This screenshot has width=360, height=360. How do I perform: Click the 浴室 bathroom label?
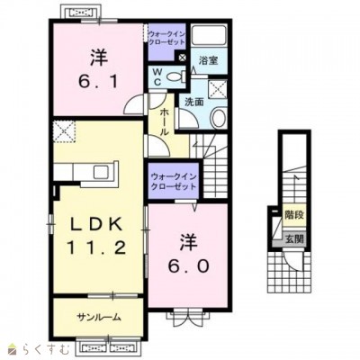point(208,61)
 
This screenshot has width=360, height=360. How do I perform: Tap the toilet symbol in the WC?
point(175,76)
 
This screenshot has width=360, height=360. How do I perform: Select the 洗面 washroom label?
point(193,103)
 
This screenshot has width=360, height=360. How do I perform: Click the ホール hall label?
point(165,122)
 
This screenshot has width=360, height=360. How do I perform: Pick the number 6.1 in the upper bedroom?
point(98,81)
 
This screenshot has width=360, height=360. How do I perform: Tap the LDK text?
point(96,224)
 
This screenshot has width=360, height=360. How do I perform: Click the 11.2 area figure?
point(96,248)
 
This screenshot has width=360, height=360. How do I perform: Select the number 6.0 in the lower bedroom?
point(188,266)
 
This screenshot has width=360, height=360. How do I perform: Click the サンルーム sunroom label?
point(99,317)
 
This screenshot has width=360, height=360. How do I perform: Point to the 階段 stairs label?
point(294,215)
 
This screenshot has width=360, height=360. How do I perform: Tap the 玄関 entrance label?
point(294,239)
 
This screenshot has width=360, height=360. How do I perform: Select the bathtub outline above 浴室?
point(209,35)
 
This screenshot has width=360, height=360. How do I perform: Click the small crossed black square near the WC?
point(182,58)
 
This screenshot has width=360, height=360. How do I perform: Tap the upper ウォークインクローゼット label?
point(167,38)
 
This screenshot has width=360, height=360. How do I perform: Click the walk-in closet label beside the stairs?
point(174,181)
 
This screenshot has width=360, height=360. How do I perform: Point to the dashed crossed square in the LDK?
point(64,131)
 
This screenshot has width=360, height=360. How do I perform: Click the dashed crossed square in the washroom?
point(218,89)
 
